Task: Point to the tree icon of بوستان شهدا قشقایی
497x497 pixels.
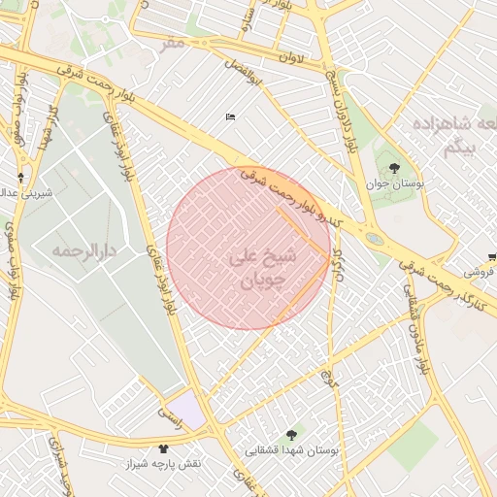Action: pos(291,435)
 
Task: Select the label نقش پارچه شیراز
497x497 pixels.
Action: pos(162,464)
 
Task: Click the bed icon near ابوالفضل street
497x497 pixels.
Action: pos(229,117)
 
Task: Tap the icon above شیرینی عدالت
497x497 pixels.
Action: pos(21,178)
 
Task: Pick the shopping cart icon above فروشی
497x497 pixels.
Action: pos(492,257)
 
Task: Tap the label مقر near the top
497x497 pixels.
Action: pos(173,43)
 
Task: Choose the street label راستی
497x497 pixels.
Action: pos(170,419)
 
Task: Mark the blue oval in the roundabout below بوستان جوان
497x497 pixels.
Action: pos(375,238)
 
